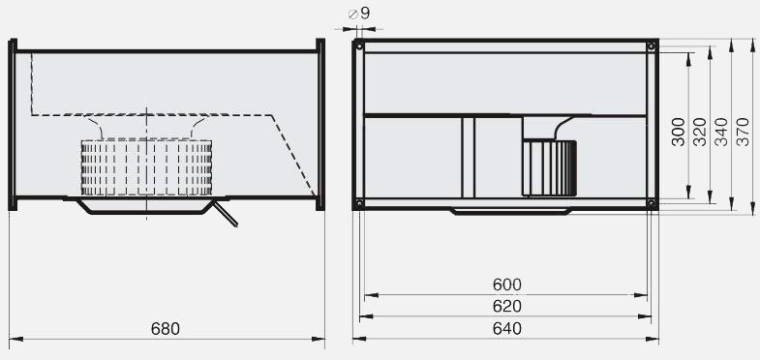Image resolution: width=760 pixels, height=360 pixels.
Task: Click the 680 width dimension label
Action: tap(166, 329)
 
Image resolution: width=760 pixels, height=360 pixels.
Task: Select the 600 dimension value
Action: tap(507, 285)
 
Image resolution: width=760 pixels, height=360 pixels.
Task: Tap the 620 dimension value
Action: tap(507, 306)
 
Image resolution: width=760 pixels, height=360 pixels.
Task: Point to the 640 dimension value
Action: tap(507, 328)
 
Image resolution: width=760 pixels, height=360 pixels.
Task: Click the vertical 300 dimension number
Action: tap(679, 132)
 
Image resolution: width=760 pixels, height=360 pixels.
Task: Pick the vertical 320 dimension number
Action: tap(700, 132)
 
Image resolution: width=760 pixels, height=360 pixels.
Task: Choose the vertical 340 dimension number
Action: tap(721, 132)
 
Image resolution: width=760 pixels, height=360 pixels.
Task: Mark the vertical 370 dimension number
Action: tap(743, 132)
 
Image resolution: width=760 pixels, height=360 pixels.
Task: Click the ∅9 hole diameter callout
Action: tap(359, 14)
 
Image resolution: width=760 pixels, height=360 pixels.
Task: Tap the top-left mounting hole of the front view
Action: tap(359, 46)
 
